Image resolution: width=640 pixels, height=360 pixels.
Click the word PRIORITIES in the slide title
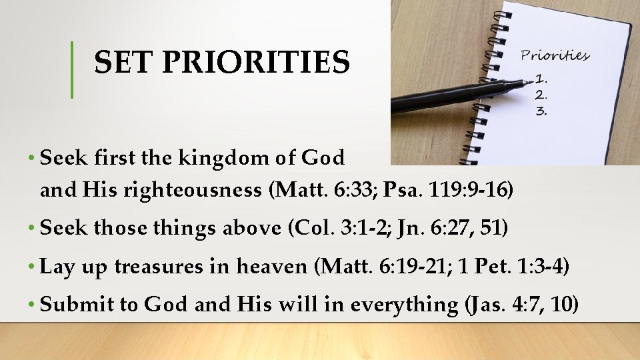click(x=256, y=63)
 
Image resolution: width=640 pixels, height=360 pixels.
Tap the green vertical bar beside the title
click(x=72, y=69)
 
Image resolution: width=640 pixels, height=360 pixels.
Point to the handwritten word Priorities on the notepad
click(x=555, y=55)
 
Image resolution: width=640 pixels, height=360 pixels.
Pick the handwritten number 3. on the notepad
click(x=542, y=111)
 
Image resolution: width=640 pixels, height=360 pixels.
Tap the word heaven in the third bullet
click(x=273, y=267)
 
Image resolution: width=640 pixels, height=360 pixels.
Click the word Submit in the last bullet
click(x=77, y=304)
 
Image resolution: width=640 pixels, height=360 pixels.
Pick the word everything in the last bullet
click(x=405, y=305)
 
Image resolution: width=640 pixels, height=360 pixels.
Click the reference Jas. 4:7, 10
click(x=522, y=305)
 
